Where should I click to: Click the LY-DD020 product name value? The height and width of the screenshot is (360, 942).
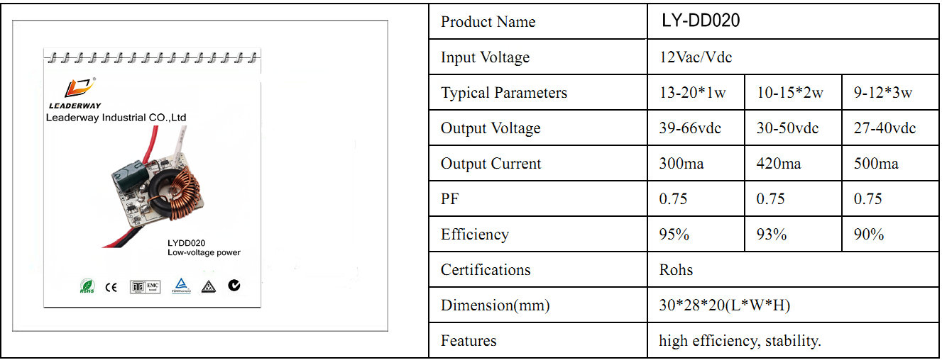[x=701, y=21]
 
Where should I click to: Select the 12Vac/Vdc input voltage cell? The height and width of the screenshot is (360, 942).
[x=696, y=57]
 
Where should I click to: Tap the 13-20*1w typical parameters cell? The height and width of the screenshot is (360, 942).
[x=692, y=92]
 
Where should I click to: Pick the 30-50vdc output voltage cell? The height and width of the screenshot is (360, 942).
[x=787, y=128]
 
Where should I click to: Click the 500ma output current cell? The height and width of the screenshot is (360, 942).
[x=876, y=163]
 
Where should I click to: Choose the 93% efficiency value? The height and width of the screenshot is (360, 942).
[x=771, y=234]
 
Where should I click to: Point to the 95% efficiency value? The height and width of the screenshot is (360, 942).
[x=674, y=234]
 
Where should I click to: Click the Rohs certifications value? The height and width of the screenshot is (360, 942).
[x=676, y=270]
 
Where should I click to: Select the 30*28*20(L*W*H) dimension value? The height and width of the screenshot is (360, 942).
[x=725, y=305]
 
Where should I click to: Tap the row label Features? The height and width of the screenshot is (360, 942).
[x=469, y=340]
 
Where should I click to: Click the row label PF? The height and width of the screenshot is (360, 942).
[x=449, y=199]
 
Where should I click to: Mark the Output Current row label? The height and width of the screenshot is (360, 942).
[x=491, y=163]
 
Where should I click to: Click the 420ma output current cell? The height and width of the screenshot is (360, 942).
[x=779, y=163]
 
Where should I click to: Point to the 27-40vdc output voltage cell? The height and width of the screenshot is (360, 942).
[x=885, y=128]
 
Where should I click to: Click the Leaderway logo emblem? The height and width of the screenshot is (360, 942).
[x=80, y=87]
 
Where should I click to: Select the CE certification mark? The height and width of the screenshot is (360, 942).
[x=111, y=288]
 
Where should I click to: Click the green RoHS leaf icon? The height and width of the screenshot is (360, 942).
[x=87, y=286]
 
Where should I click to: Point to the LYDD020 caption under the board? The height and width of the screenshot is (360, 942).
[x=186, y=243]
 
